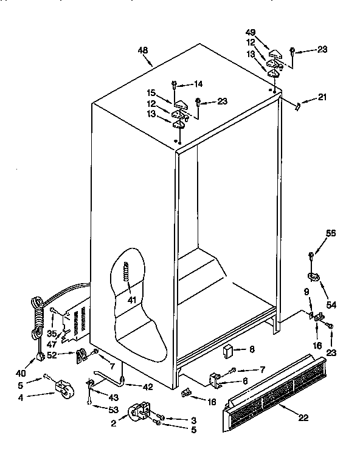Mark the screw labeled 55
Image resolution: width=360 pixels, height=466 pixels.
coord(311,255)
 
